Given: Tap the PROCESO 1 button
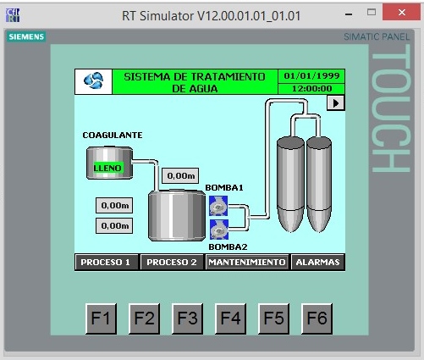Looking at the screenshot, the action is [x=107, y=262].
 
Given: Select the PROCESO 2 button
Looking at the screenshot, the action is [x=172, y=262].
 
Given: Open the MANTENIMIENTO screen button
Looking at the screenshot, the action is [x=247, y=262].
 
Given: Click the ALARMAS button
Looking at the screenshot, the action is [x=317, y=262].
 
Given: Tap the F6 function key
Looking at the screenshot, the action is [x=317, y=318].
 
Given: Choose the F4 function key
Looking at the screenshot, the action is [x=230, y=318].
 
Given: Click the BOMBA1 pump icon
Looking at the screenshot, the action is [x=218, y=206].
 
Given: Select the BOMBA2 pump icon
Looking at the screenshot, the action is [x=219, y=230].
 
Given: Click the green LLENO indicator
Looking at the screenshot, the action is [x=108, y=168].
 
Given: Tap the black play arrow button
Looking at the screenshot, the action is [x=335, y=103].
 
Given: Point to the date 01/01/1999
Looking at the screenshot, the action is [x=311, y=76].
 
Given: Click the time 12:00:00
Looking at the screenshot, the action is [x=311, y=89].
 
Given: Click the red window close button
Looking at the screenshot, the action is [x=401, y=13].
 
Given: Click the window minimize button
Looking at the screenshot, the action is [x=349, y=14].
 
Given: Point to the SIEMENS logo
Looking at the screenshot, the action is [x=26, y=36].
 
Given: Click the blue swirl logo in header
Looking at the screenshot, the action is [x=94, y=80].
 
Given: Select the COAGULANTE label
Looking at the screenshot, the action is [x=113, y=136].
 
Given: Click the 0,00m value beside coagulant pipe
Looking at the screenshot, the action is [x=180, y=175].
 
